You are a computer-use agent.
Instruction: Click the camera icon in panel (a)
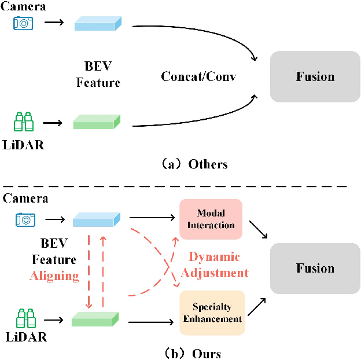[24, 23]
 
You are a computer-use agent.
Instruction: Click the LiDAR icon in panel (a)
[24, 122]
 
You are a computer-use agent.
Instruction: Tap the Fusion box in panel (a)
[315, 76]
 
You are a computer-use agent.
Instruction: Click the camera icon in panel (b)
[24, 219]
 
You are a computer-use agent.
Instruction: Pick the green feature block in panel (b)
[95, 318]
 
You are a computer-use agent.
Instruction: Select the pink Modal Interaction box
[211, 219]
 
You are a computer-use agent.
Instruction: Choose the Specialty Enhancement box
[212, 313]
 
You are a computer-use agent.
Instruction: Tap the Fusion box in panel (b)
[315, 269]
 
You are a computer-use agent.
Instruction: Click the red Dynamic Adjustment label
[215, 265]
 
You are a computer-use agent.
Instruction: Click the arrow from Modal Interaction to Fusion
[258, 228]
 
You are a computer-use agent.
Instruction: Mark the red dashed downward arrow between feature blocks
[89, 270]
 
